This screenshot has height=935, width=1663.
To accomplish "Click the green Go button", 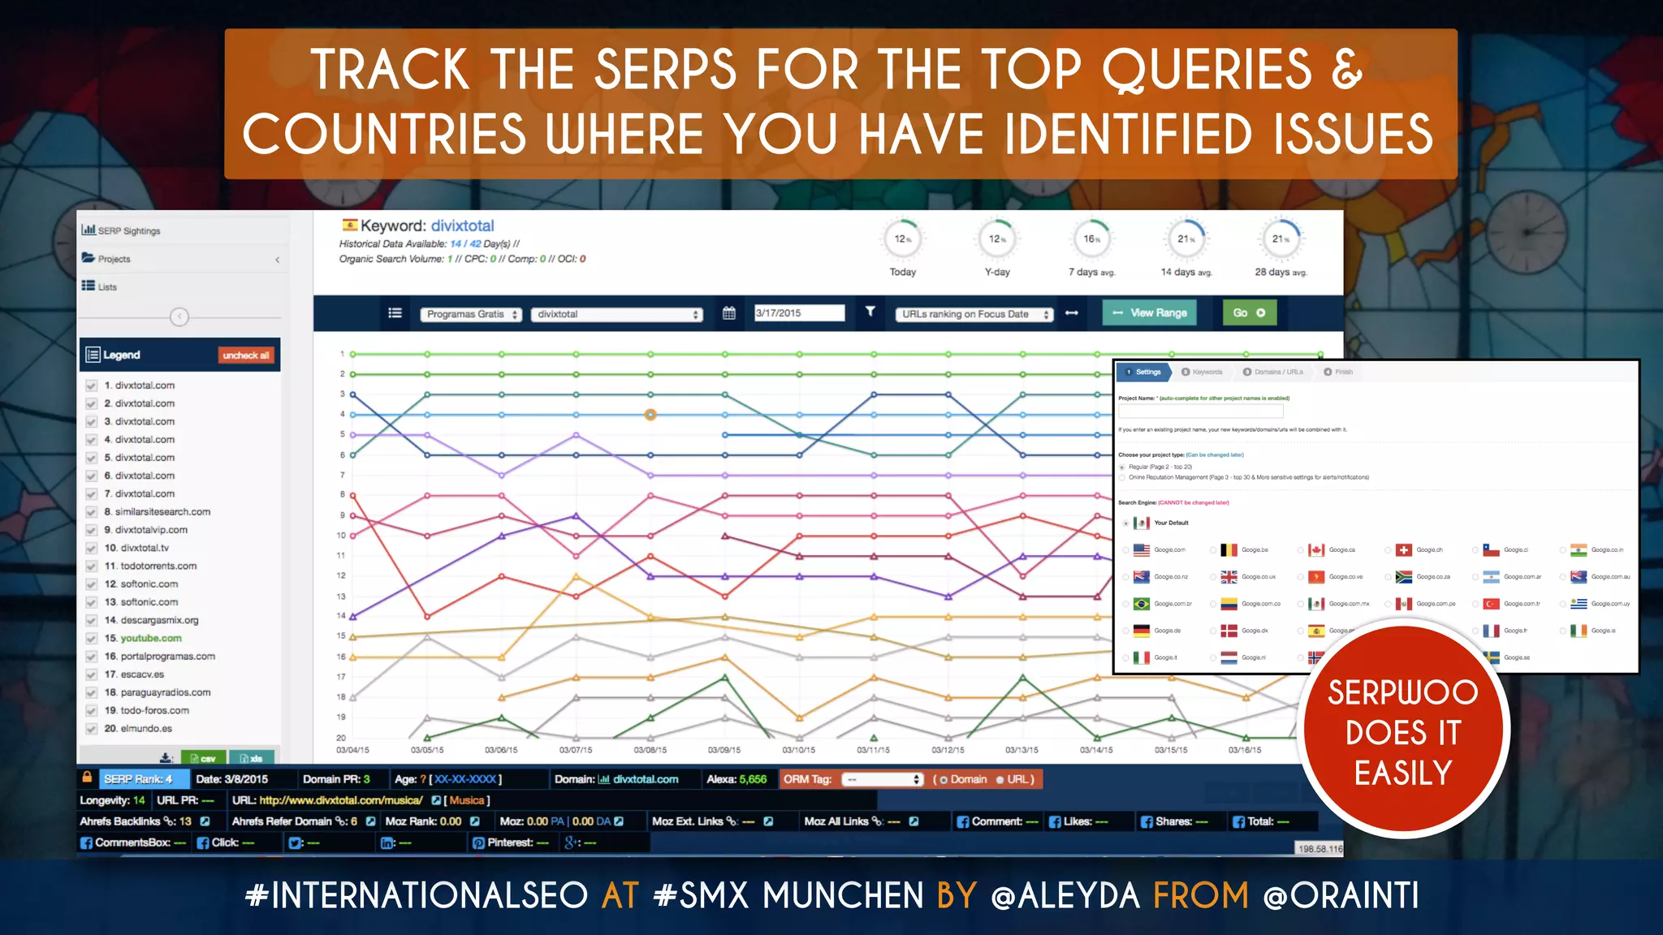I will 1249,312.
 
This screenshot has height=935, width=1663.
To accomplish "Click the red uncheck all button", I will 245,355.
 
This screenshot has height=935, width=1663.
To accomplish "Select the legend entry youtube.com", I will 151,639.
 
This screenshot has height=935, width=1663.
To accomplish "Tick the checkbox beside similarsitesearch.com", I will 92,512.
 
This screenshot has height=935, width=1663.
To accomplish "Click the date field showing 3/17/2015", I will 799,313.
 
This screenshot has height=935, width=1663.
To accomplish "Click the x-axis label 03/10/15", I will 798,750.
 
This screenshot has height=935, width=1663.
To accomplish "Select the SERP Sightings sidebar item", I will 128,231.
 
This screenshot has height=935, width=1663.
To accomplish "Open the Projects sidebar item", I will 114,259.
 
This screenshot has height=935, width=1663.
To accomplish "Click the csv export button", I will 203,758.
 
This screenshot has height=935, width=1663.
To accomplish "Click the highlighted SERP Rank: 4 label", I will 138,779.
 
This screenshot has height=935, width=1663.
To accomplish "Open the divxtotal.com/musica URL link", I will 340,800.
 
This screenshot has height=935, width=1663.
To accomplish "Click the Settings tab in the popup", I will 1145,372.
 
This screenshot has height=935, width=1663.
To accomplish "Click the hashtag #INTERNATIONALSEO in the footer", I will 416,895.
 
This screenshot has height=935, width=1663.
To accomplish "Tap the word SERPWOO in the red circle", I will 1402,692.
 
